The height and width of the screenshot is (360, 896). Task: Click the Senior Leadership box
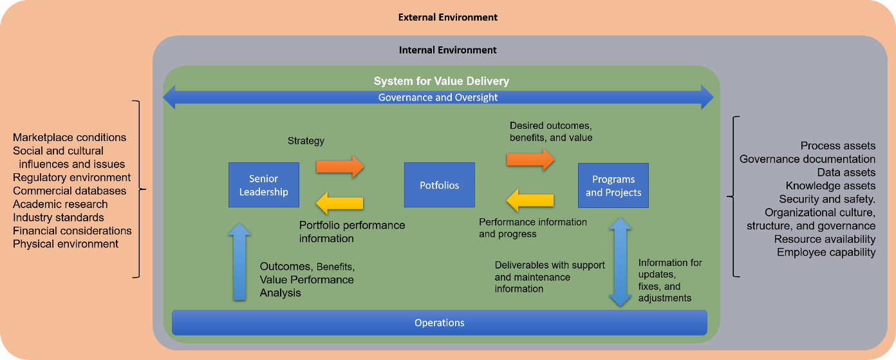[x=264, y=185]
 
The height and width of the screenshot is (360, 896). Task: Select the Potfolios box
[x=439, y=185]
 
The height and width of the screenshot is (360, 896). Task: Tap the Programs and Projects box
[x=613, y=185]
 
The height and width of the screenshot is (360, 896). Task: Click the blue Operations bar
[x=439, y=323]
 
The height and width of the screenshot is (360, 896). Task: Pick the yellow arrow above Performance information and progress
[x=530, y=200]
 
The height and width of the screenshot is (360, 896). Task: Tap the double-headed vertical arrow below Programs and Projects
[x=620, y=261]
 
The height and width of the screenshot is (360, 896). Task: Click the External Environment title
[x=448, y=17]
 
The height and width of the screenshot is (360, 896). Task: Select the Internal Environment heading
[x=448, y=50]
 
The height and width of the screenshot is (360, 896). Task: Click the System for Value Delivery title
[x=442, y=81]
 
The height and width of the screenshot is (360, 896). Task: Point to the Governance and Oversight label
[x=438, y=98]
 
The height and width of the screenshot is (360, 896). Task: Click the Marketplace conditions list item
[x=70, y=137]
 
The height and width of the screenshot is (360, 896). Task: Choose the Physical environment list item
[x=66, y=244]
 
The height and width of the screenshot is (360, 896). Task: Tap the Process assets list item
[x=837, y=146]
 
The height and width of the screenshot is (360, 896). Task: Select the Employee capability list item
[x=826, y=252]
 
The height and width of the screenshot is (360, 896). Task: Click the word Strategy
[x=306, y=140]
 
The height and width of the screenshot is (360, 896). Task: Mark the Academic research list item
[x=61, y=204]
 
